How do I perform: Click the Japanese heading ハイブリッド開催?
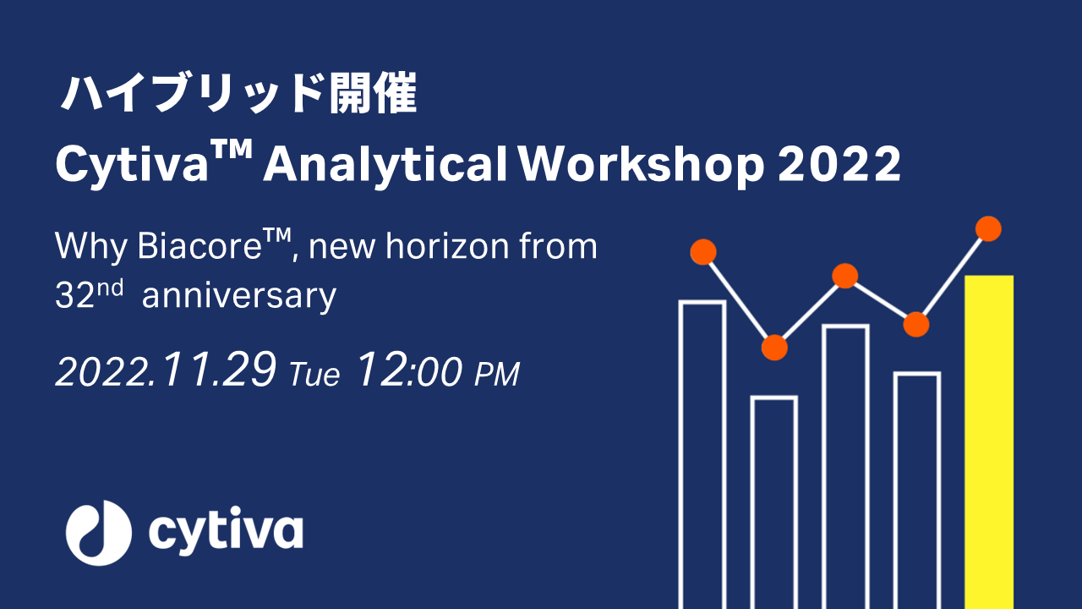(x=239, y=96)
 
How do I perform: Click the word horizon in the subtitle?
(x=429, y=247)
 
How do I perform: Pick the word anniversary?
(x=239, y=296)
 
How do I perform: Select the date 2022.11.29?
(x=166, y=371)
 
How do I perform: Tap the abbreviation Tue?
(x=314, y=374)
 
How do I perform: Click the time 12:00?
(x=410, y=371)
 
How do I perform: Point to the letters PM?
(x=496, y=374)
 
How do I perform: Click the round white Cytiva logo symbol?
(x=99, y=532)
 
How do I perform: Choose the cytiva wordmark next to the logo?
(x=226, y=530)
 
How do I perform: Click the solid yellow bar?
(x=989, y=440)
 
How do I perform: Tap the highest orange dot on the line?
(x=988, y=229)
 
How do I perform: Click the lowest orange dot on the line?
(x=774, y=348)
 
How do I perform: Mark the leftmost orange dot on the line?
(x=703, y=252)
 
